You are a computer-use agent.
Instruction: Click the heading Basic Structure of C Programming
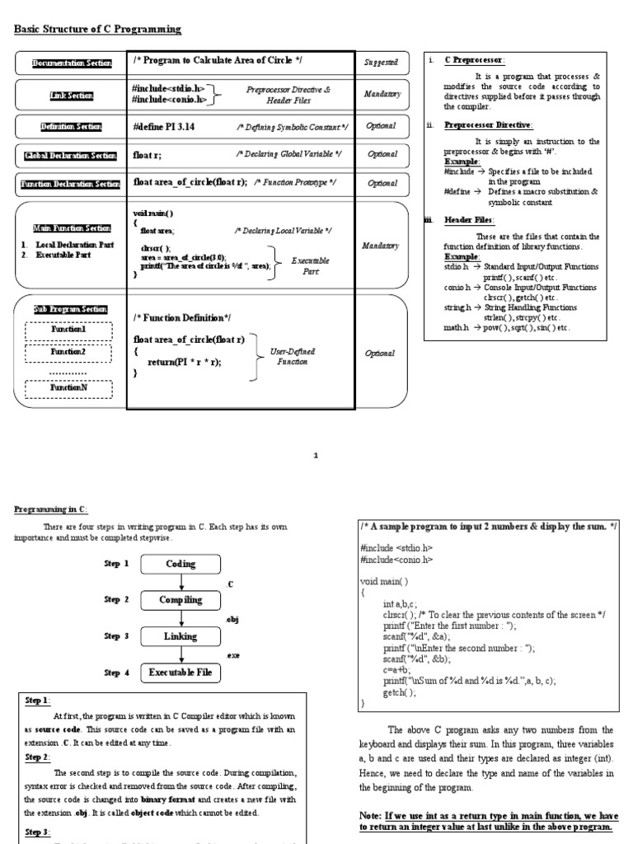[x=97, y=30]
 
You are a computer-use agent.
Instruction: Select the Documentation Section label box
[x=71, y=63]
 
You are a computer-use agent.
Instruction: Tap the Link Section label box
[x=71, y=96]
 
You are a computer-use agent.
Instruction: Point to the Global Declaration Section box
[x=71, y=155]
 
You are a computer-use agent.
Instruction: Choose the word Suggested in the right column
[x=382, y=63]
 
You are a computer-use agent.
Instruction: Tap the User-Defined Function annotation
[x=293, y=356]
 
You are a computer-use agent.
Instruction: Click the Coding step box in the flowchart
[x=181, y=565]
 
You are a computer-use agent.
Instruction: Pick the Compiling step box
[x=181, y=601]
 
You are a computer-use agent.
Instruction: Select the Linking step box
[x=181, y=637]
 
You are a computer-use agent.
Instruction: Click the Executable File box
[x=181, y=673]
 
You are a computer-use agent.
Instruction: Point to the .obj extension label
[x=232, y=619]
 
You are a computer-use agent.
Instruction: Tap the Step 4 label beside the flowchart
[x=116, y=673]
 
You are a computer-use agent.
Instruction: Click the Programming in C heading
[x=49, y=510]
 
